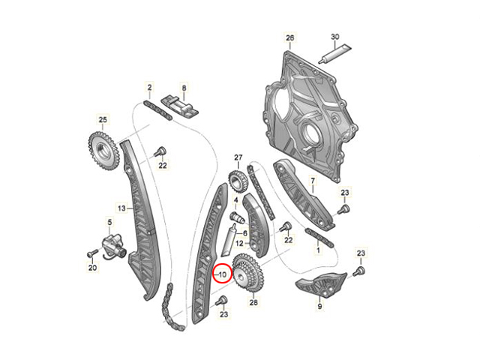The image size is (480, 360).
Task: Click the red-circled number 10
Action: point(223,274)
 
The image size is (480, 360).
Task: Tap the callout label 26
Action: point(289,37)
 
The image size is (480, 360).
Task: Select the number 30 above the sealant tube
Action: point(335,37)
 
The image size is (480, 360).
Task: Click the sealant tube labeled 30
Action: point(334,54)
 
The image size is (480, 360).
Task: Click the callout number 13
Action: point(121,208)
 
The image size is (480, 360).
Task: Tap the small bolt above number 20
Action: point(91,253)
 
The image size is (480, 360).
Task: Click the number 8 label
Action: point(184,88)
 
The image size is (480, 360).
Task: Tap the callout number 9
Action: point(319,305)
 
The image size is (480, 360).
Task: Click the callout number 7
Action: point(313,181)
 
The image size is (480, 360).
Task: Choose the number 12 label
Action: point(240,243)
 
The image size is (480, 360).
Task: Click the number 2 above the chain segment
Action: point(149,88)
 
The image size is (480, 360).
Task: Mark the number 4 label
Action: point(235,200)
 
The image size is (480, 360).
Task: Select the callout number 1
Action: point(318,250)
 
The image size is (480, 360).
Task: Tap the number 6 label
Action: point(245,233)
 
